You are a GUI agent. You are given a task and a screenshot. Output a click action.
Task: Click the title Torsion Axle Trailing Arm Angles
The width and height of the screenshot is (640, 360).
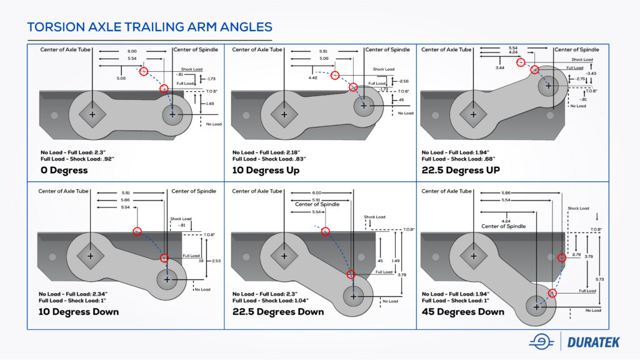tap(149, 27)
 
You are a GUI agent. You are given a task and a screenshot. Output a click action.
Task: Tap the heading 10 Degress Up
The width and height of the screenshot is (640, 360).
tap(266, 171)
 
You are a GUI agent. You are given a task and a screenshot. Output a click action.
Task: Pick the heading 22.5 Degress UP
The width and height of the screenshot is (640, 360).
tap(461, 170)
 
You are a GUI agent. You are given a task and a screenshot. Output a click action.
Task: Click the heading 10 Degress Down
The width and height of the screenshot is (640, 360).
tap(78, 311)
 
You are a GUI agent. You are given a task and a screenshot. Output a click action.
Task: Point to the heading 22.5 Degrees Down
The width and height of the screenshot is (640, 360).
tap(277, 311)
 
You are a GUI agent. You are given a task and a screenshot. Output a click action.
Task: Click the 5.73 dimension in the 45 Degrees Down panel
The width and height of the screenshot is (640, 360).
tap(598, 278)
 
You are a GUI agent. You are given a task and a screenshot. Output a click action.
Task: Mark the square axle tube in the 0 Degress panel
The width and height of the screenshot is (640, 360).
tap(92, 115)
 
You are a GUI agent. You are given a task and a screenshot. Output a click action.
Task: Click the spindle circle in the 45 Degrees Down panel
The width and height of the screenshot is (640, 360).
tap(536, 306)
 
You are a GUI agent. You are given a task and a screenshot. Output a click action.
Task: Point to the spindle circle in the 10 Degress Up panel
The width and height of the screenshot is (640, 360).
tap(363, 106)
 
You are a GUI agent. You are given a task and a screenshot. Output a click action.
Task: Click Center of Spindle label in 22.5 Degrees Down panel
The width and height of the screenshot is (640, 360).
tap(317, 204)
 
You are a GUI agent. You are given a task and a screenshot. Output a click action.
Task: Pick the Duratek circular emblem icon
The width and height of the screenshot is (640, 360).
tap(541, 341)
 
